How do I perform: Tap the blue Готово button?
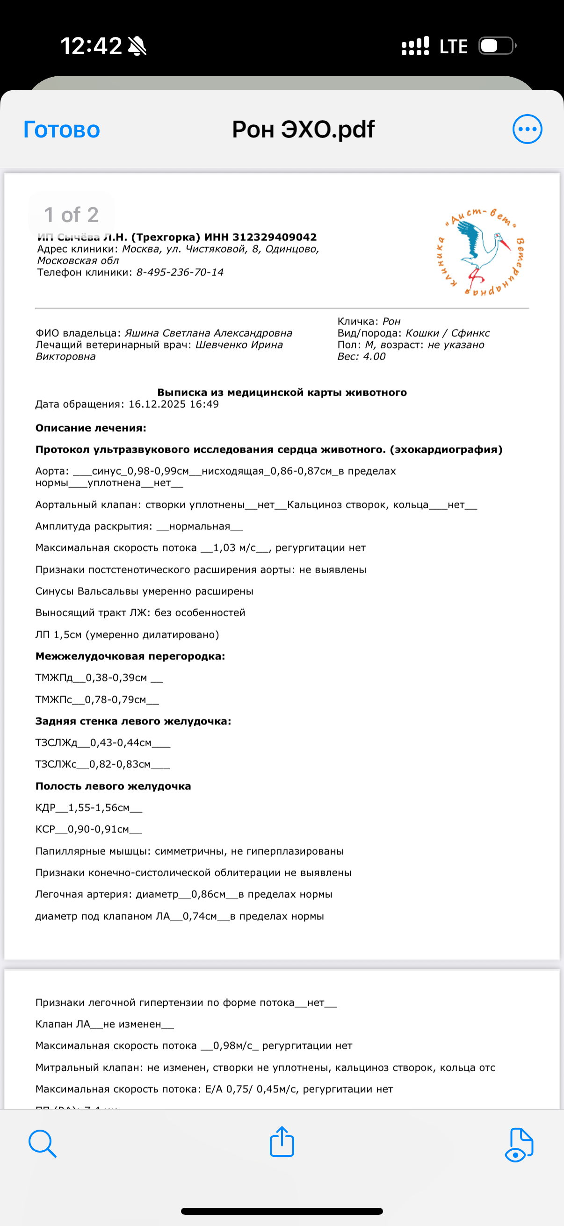click(x=62, y=130)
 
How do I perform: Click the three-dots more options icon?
click(x=527, y=129)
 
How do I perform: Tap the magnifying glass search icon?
click(x=43, y=1143)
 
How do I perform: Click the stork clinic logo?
click(x=481, y=251)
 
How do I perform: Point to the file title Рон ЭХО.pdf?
click(x=303, y=129)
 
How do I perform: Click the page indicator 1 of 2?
click(x=72, y=215)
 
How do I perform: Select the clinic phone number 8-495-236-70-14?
click(x=180, y=272)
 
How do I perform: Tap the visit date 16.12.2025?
click(x=157, y=404)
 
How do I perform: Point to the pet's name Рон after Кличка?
click(x=392, y=321)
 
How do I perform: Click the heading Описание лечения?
click(x=90, y=428)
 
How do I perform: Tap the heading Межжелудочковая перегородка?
click(x=130, y=656)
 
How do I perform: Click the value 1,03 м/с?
click(x=234, y=548)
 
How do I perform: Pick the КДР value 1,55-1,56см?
click(x=99, y=808)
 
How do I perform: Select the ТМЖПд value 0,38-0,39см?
click(x=116, y=678)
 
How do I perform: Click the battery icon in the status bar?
click(x=496, y=46)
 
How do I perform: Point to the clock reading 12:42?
click(x=91, y=46)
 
